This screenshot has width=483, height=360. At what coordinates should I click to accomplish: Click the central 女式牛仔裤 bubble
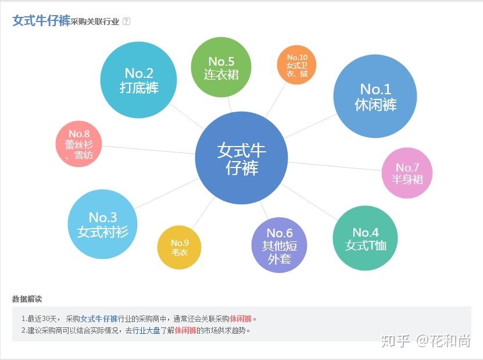pos(241,158)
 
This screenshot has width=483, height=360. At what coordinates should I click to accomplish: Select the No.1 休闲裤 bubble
pos(375,97)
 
